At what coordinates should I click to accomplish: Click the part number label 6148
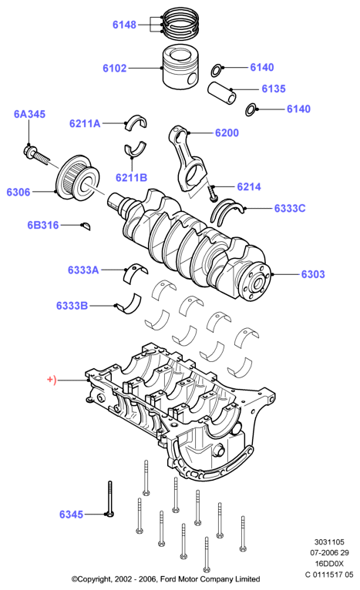point(124,25)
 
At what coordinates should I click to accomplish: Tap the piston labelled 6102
point(181,68)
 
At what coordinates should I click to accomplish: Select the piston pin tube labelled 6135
point(222,92)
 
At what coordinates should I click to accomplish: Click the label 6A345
point(29,114)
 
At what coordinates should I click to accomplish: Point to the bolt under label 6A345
point(36,155)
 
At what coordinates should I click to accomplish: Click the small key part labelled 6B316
point(86,226)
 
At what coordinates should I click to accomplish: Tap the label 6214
point(249,186)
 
